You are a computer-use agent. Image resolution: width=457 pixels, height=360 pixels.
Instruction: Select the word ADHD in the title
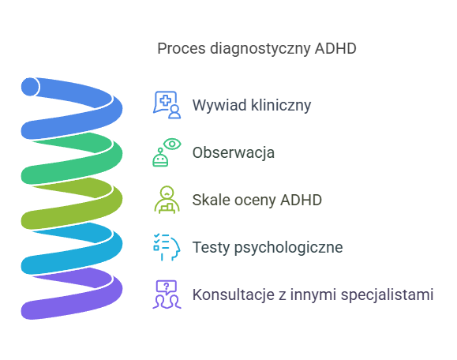coord(335,49)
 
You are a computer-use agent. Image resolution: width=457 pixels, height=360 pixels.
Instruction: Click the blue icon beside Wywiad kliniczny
coord(167,105)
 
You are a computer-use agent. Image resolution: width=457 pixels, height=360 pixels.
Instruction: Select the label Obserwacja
coord(233,152)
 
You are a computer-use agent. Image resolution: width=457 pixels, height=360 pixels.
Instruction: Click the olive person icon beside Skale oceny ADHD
coord(167,200)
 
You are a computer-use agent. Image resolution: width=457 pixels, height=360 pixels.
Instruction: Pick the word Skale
coord(210,200)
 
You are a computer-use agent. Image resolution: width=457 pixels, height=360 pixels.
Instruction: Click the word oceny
coord(253,200)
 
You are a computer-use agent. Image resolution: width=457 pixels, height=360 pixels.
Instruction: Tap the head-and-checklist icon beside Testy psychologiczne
coord(167,247)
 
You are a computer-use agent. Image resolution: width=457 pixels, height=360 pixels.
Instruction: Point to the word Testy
coord(210,247)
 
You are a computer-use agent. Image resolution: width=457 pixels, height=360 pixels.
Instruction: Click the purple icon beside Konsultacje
coord(167,294)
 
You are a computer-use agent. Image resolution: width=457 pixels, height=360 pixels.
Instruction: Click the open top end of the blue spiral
coord(30,85)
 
